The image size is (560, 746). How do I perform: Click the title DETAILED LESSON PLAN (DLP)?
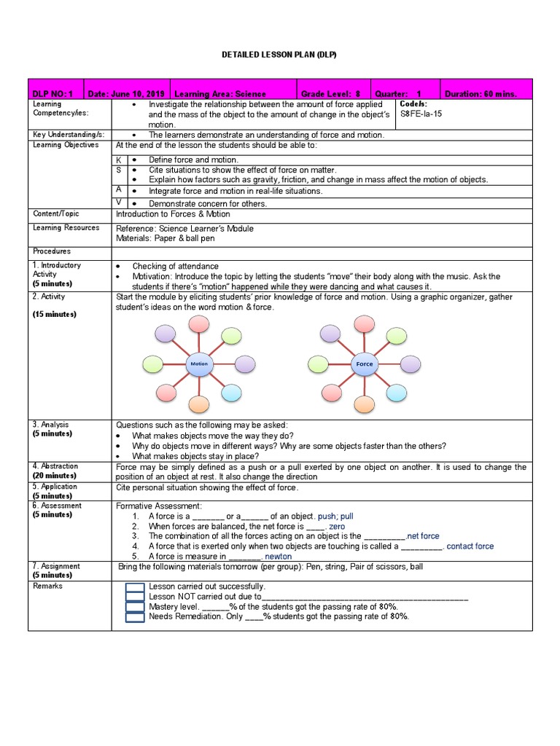280,55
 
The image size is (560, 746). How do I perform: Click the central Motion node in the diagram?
199,364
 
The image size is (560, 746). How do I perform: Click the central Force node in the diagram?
364,364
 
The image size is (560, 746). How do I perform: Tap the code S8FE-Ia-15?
421,114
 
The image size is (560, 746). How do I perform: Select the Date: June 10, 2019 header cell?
126,94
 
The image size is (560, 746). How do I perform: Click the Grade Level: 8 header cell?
331,94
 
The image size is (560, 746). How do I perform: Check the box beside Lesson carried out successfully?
135,587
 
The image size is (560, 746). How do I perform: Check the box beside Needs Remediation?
135,617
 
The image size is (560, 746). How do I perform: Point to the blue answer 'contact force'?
470,546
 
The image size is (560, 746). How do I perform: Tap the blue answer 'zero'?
337,526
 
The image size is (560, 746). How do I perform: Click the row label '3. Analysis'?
50,424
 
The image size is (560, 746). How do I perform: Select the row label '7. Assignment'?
55,566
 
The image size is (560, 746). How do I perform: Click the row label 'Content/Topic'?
55,214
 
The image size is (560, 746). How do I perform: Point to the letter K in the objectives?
119,160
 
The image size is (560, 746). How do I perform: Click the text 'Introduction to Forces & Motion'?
173,214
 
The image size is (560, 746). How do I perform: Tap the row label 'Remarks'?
47,586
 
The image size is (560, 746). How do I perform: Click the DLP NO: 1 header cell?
52,94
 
